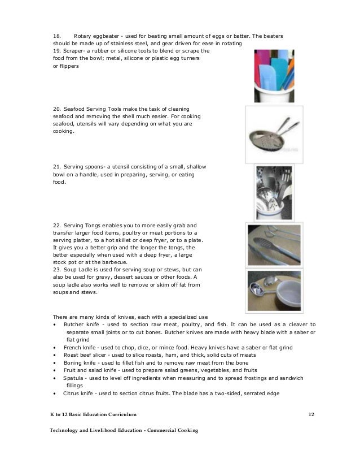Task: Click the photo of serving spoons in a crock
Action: (x=273, y=192)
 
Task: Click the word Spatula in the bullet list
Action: (x=74, y=377)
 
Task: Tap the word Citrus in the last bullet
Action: (x=71, y=392)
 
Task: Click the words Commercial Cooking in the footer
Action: (x=172, y=431)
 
